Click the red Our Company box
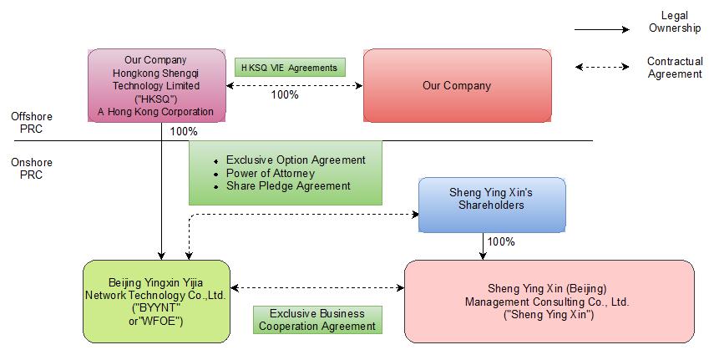click(x=457, y=85)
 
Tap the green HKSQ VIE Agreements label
click(x=289, y=67)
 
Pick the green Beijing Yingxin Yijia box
click(x=156, y=301)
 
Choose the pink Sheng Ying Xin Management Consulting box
click(x=549, y=301)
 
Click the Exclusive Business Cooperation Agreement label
click(x=317, y=320)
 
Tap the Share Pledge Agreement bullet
click(x=287, y=186)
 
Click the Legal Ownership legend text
click(x=674, y=23)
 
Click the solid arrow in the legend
click(x=601, y=29)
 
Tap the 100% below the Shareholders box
click(x=500, y=242)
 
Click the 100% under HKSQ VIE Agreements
click(x=285, y=94)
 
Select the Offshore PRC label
click(x=26, y=123)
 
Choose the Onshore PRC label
click(x=26, y=169)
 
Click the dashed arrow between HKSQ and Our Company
click(x=294, y=84)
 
